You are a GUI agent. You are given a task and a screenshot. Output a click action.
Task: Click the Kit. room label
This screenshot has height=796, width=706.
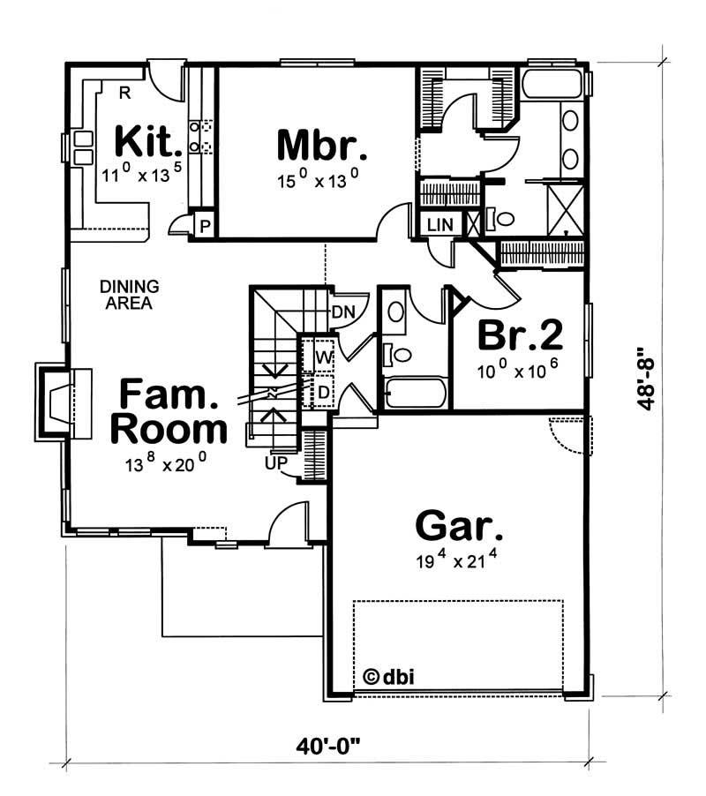[149, 141]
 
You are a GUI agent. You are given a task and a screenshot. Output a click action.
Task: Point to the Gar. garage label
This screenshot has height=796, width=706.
[459, 527]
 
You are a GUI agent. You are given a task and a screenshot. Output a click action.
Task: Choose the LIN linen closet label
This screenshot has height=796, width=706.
[439, 225]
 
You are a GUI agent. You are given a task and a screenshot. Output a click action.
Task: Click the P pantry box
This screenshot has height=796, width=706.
[204, 225]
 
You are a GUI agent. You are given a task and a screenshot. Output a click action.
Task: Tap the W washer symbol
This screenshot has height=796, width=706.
[323, 357]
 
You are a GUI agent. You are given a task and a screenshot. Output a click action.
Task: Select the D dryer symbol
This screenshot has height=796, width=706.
[323, 390]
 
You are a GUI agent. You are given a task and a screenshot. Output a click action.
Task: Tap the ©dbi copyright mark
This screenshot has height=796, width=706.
[388, 677]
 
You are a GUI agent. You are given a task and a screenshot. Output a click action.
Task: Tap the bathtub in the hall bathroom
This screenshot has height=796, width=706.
[415, 393]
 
